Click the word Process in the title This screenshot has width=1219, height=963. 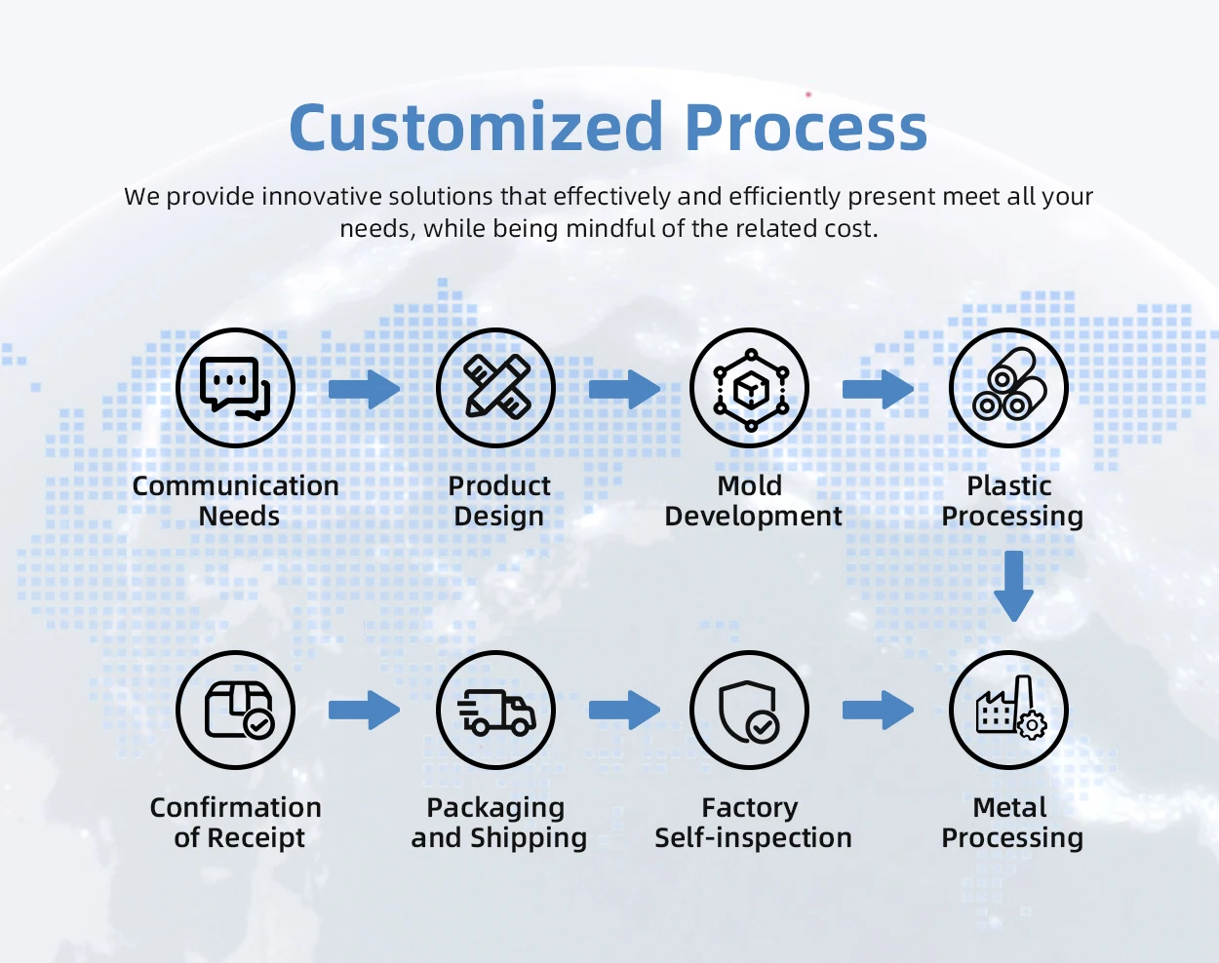tap(806, 129)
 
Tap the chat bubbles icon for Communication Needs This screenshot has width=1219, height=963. tap(235, 388)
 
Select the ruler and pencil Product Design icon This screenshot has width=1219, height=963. tap(495, 388)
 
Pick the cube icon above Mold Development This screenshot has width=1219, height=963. tap(750, 388)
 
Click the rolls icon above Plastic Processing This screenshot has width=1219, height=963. tap(1009, 388)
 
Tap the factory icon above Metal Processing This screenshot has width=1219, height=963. tap(1009, 710)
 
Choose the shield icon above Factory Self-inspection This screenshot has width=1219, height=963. tap(750, 710)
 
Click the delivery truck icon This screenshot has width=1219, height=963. tap(495, 710)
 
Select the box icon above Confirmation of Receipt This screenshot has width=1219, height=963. tap(235, 710)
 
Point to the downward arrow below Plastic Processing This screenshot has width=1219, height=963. tap(1013, 585)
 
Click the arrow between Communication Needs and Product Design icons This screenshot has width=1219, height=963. tap(365, 390)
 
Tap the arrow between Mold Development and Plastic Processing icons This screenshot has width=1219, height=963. tap(879, 390)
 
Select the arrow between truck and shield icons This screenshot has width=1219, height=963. tap(625, 710)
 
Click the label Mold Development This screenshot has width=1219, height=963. tap(753, 501)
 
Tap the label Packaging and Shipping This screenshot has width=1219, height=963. tap(498, 823)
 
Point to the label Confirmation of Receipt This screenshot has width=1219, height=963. tap(236, 823)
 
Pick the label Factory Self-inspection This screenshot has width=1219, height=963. tap(753, 823)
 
